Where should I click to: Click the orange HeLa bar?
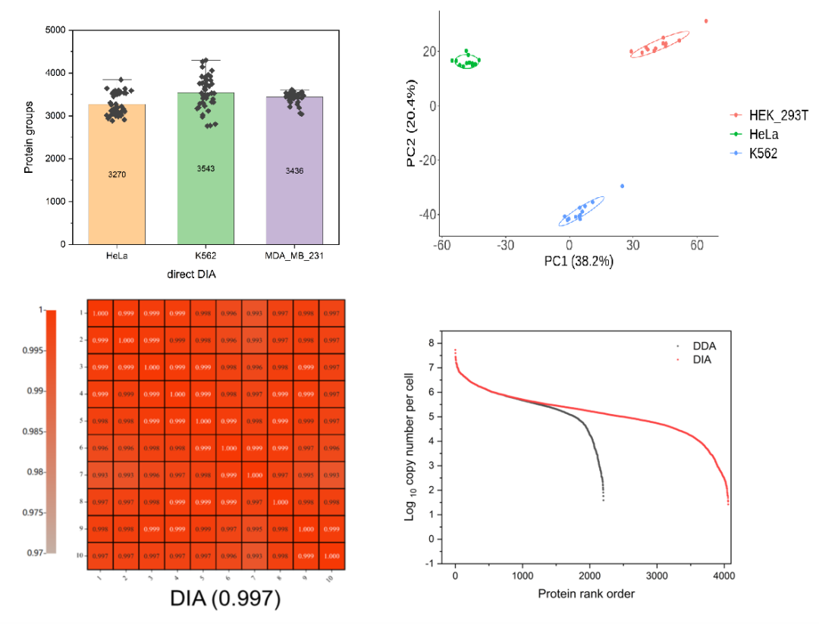point(117,197)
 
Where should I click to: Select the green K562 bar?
point(206,197)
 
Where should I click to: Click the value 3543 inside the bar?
point(206,168)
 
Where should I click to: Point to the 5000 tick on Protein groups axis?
point(58,30)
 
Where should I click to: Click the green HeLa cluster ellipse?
point(466,61)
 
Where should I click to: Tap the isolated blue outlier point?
point(623,186)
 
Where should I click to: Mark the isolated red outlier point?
point(706,21)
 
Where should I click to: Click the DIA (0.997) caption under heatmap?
point(215,599)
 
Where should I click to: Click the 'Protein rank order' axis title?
point(585,594)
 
